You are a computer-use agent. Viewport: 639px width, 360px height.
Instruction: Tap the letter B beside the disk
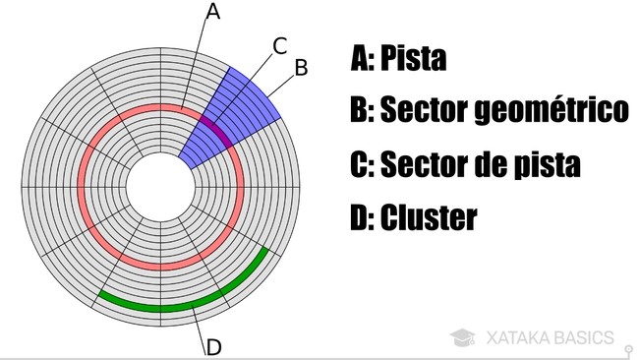coord(302,66)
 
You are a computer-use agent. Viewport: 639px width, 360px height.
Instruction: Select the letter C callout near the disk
coord(279,44)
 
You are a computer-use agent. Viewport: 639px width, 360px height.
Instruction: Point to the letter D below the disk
coord(213,346)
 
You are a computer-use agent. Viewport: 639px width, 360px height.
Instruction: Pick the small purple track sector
coord(217,130)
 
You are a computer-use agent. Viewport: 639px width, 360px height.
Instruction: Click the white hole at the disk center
coord(160,185)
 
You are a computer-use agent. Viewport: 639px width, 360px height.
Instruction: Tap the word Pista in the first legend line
coord(412,60)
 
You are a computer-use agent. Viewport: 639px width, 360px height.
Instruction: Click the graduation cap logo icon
coord(463,337)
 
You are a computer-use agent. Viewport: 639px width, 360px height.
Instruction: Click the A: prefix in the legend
coord(362,60)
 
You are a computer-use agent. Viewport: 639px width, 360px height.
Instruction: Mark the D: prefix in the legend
coord(363,217)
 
